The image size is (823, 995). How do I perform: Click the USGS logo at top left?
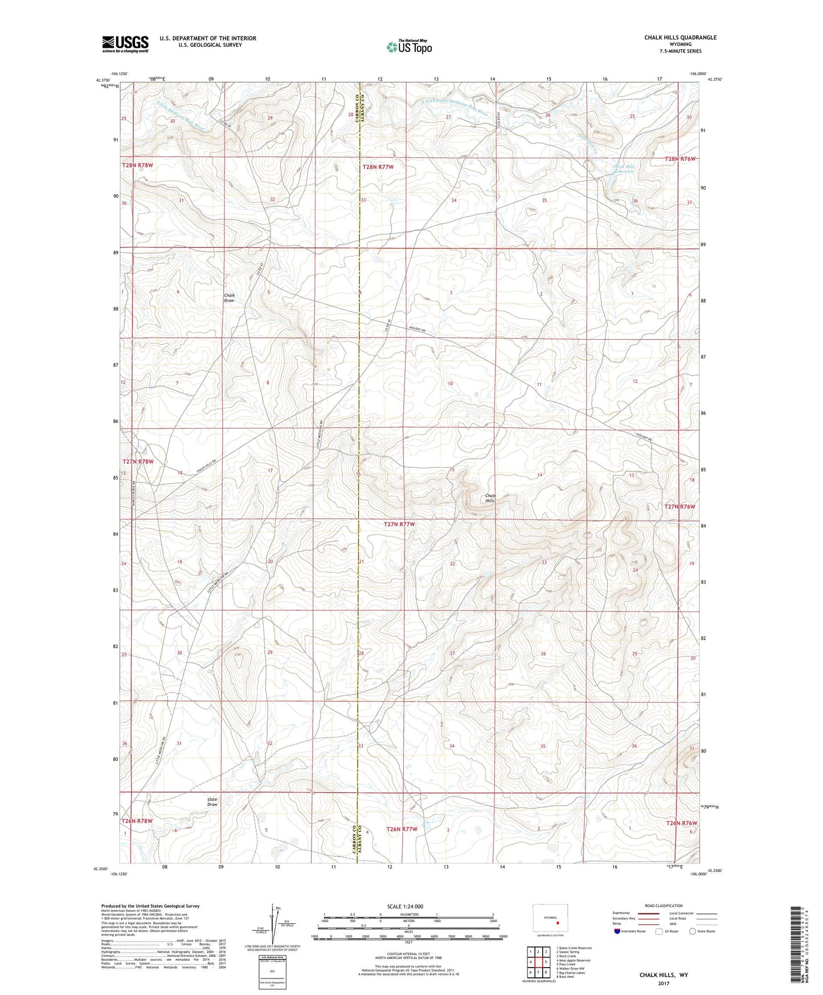tap(125, 43)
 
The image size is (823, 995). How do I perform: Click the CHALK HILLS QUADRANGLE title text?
tap(680, 38)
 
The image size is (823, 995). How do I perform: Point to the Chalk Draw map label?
tap(229, 297)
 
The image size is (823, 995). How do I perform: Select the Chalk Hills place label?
tap(490, 498)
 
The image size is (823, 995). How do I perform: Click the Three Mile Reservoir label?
tap(623, 169)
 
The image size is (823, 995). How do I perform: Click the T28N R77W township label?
tap(378, 167)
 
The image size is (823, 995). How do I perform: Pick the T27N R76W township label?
tap(681, 507)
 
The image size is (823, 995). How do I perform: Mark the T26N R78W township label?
tap(137, 821)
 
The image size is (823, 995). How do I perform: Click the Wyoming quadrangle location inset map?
tap(548, 920)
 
